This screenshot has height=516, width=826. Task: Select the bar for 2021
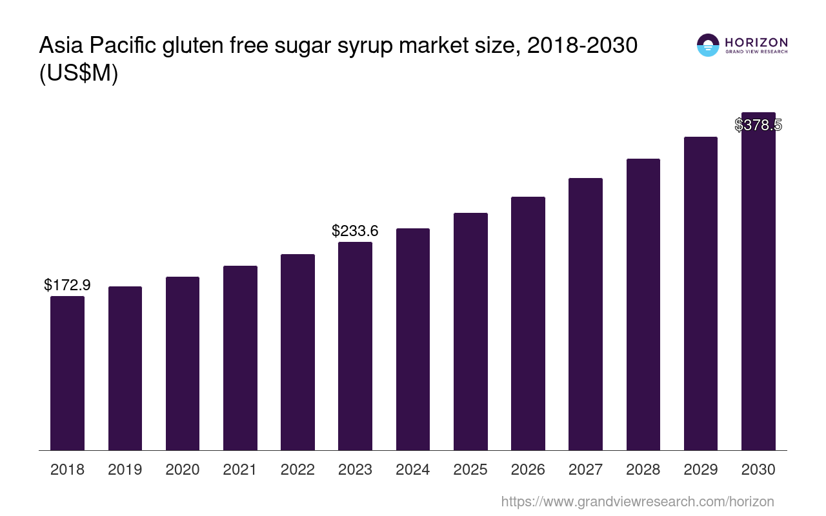coord(240,358)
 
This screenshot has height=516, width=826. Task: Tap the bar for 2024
coord(413,339)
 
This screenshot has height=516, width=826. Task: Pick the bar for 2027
coord(585,314)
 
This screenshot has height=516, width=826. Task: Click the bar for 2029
coord(701,293)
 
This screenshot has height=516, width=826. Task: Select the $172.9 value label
coord(67,284)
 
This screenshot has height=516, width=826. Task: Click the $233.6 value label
coord(355,230)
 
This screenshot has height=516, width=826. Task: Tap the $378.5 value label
coord(758,125)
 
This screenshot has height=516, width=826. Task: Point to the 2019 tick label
coord(125,470)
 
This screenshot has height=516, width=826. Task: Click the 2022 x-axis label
coord(297,470)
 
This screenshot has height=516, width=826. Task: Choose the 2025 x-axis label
coord(470,470)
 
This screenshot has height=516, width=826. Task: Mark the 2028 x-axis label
coord(643,470)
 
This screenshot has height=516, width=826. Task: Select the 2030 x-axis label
coord(758,470)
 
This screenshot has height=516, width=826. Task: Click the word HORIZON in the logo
coord(756,43)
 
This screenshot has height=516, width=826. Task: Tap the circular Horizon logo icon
coord(708,45)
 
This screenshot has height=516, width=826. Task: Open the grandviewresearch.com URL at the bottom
coord(637,501)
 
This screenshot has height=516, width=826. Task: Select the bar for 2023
coord(355,346)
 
